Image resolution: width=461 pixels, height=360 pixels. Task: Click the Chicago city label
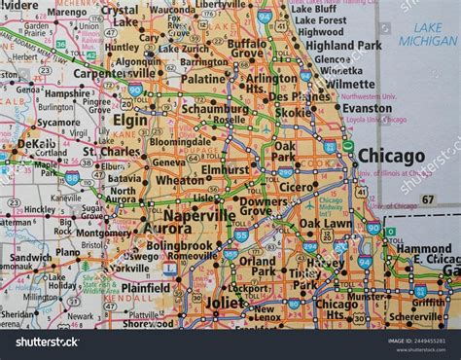tap(391, 156)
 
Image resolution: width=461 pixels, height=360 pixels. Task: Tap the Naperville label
tap(198, 214)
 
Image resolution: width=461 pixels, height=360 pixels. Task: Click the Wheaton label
tap(181, 180)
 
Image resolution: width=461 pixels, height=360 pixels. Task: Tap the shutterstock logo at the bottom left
tap(43, 342)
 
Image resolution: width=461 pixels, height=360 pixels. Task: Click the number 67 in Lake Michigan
tap(427, 198)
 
